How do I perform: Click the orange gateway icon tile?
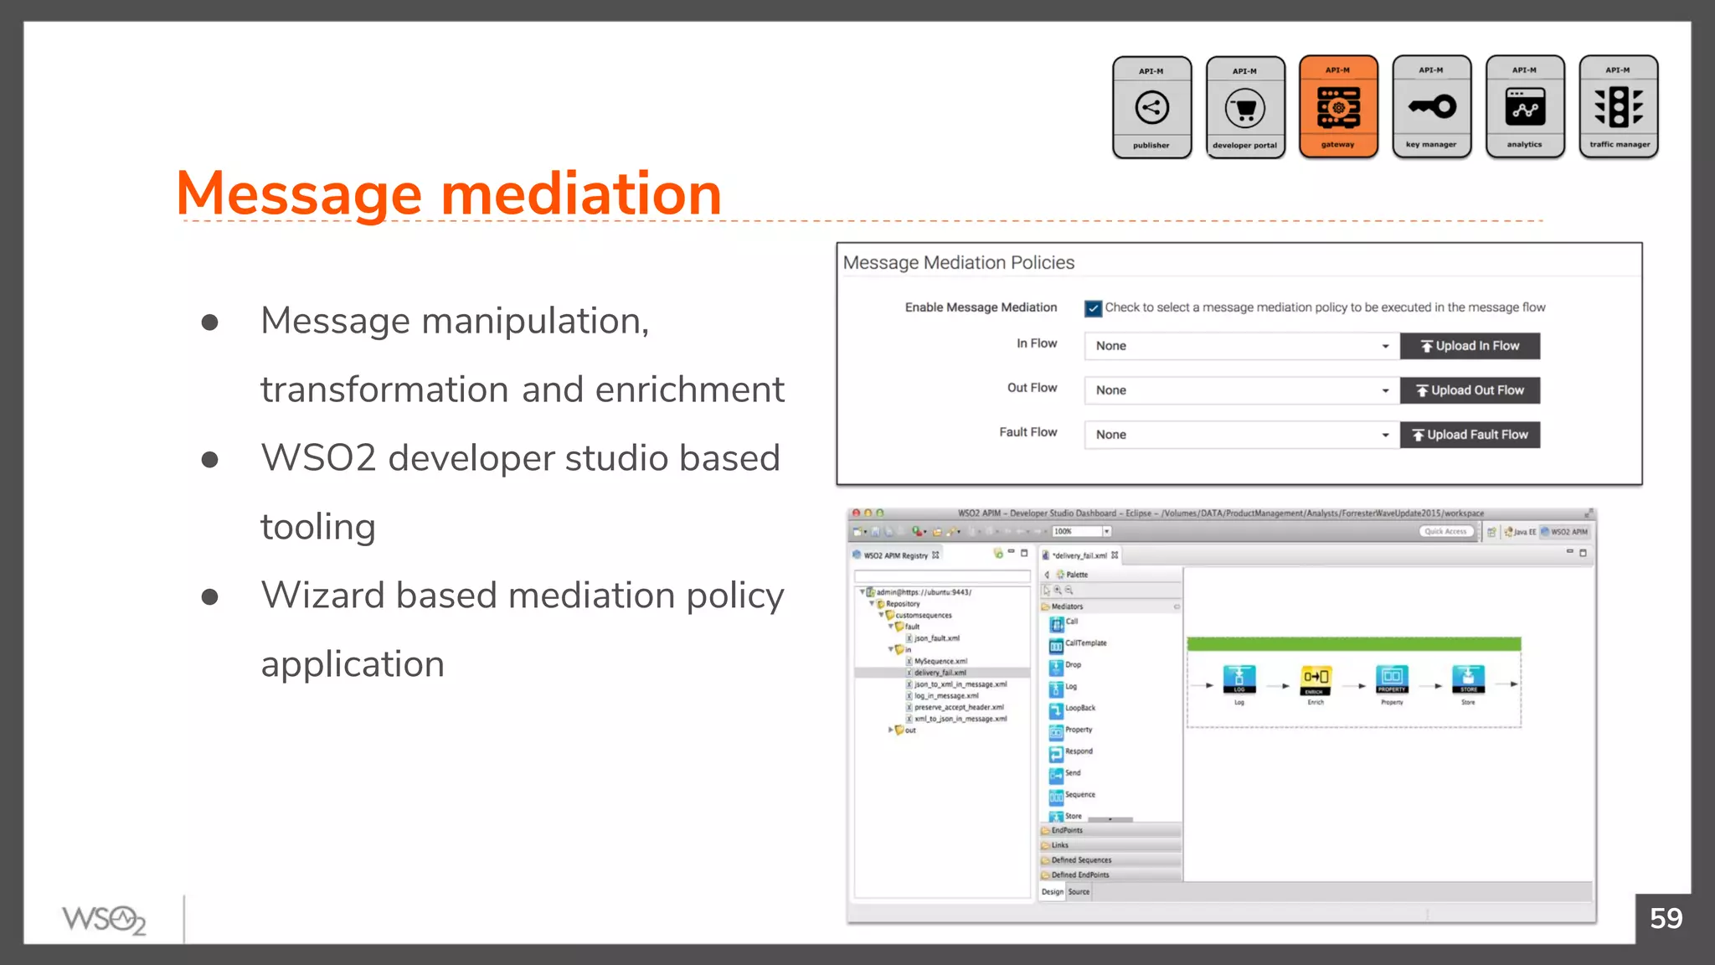click(1338, 107)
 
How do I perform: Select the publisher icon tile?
click(1151, 107)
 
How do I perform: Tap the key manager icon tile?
click(1431, 107)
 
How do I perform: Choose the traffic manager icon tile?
click(1618, 107)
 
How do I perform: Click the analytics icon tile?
click(1524, 107)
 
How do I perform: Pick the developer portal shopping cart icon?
click(1245, 108)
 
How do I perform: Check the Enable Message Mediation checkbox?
click(1093, 308)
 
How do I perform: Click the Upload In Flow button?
click(1470, 346)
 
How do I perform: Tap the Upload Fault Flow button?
click(1470, 435)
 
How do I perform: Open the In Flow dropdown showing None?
click(1241, 346)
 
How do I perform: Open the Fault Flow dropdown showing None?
click(1241, 435)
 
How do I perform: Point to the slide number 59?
click(1666, 919)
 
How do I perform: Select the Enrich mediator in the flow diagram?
click(1316, 679)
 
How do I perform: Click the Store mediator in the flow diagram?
click(1468, 679)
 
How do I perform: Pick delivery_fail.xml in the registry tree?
click(940, 673)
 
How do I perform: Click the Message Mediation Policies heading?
click(958, 263)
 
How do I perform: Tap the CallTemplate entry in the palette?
click(1084, 643)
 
